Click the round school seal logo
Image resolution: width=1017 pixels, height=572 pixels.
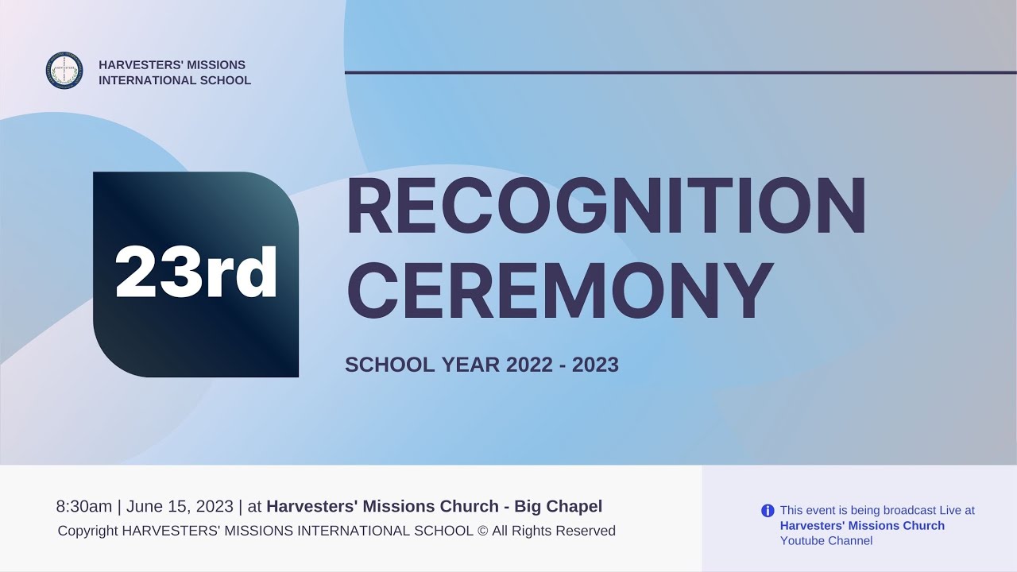pyautogui.click(x=64, y=71)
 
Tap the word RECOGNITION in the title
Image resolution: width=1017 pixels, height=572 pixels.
pyautogui.click(x=605, y=207)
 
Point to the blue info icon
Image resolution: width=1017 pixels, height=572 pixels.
pyautogui.click(x=768, y=511)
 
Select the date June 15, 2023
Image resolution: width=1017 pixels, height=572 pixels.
pyautogui.click(x=180, y=506)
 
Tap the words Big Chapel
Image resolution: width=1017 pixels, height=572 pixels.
pyautogui.click(x=558, y=506)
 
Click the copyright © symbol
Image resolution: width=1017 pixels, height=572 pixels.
pyautogui.click(x=482, y=531)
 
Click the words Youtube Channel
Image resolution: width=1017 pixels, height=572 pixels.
pyautogui.click(x=826, y=541)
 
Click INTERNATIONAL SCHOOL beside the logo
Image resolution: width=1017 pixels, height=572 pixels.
pyautogui.click(x=175, y=80)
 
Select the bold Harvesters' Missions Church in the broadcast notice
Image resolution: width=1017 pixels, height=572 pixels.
pyautogui.click(x=862, y=526)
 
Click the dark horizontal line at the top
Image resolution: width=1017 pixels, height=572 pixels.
pyautogui.click(x=680, y=72)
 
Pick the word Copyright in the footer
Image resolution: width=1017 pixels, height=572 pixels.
pyautogui.click(x=87, y=531)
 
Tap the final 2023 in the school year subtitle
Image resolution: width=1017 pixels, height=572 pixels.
pyautogui.click(x=595, y=365)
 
